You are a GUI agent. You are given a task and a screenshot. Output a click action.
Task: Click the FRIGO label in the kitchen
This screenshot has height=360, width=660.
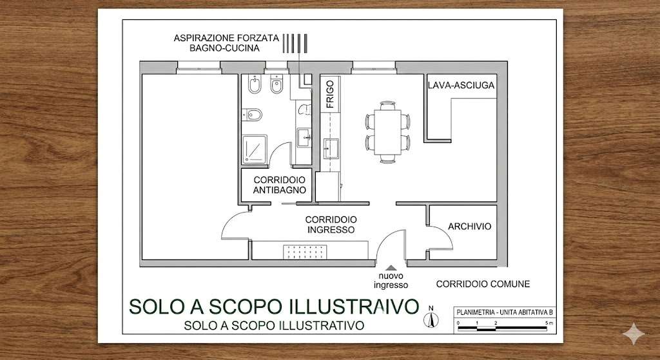pos(330,95)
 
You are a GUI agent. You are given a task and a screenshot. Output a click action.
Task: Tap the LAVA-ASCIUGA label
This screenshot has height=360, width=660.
pos(461,86)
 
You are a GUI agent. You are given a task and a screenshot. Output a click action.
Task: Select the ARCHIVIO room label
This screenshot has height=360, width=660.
pos(469,226)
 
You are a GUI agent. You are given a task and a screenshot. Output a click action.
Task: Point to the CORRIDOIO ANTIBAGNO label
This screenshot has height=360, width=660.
pos(280,185)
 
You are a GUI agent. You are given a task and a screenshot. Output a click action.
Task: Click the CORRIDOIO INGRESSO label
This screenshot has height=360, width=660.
pos(331,225)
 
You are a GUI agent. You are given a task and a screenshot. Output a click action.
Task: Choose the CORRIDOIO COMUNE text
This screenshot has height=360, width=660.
pos(483,284)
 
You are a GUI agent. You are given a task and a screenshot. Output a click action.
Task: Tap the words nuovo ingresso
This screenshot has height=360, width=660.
pos(391,281)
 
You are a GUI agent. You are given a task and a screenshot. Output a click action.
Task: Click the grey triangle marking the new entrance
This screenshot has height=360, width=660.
pos(391,267)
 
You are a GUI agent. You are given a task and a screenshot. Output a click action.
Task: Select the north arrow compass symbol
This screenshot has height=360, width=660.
pos(431,317)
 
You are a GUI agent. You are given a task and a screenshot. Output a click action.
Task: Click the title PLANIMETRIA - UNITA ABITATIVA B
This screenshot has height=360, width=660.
pos(504,312)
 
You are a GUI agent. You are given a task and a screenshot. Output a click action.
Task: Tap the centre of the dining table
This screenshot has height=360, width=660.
pos(387,132)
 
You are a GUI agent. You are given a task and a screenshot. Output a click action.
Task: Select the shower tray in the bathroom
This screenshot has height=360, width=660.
pos(254,149)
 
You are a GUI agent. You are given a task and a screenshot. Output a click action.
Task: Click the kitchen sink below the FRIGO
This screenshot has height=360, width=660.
pos(331,149)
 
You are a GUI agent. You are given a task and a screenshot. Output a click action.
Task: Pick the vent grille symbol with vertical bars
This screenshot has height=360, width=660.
pos(295,43)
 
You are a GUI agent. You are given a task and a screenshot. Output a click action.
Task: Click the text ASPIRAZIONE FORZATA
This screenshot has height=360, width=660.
pos(226,38)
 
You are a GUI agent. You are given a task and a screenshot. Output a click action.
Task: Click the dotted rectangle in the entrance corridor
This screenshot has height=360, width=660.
pos(304,252)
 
